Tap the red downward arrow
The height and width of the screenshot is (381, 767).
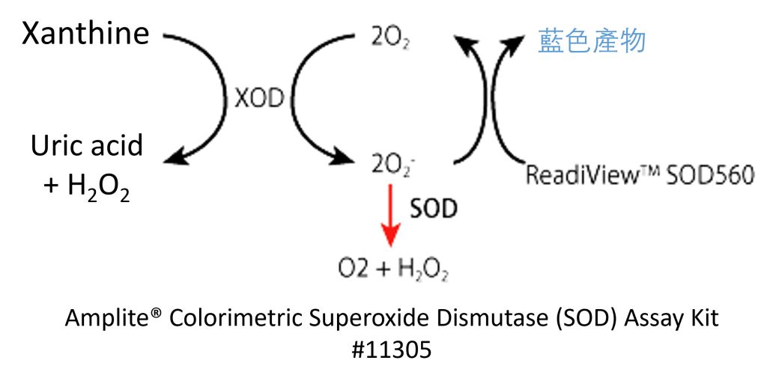click(391, 217)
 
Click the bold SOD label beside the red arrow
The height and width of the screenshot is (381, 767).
click(433, 209)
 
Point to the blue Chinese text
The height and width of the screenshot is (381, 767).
click(592, 41)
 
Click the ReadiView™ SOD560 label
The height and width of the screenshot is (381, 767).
click(640, 177)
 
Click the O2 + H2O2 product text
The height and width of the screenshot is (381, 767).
click(392, 269)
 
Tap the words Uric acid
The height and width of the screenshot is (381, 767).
click(86, 145)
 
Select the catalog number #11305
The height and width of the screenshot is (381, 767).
click(391, 349)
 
